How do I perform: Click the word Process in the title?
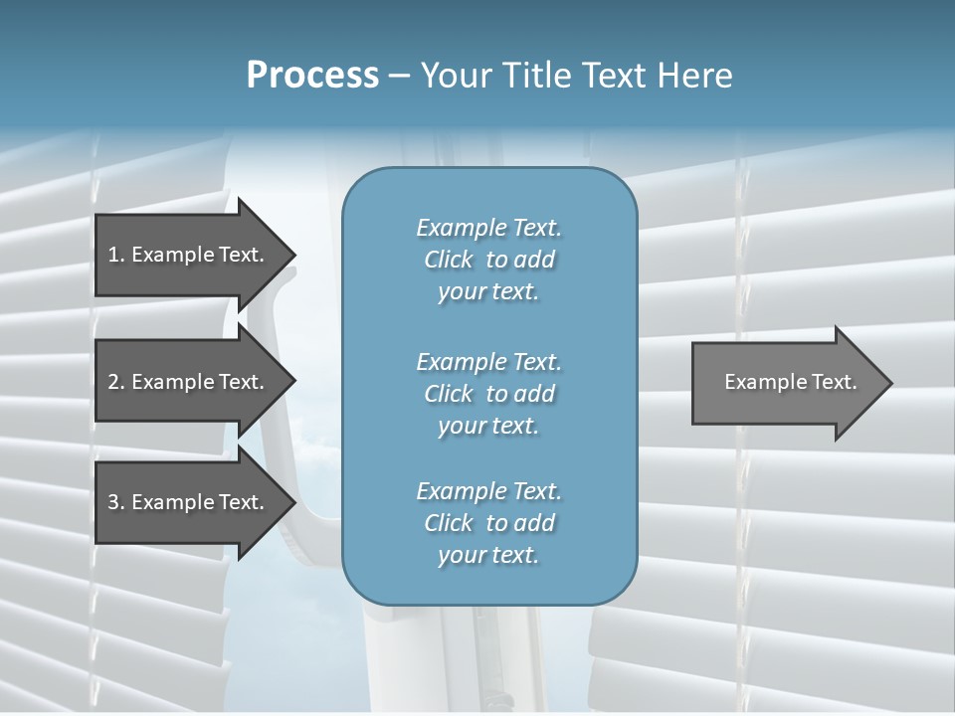(312, 76)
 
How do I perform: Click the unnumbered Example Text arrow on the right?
(791, 382)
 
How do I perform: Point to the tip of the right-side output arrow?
(889, 382)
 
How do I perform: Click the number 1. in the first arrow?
(115, 255)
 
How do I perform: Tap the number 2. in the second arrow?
(115, 382)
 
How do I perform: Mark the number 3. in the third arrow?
(115, 502)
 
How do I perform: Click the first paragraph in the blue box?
(488, 260)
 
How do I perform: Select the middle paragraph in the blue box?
(488, 394)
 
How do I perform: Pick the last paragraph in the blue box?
(488, 523)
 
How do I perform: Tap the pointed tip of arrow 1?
(293, 255)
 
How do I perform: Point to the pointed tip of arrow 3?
(293, 502)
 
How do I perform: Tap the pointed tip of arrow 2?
(293, 382)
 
